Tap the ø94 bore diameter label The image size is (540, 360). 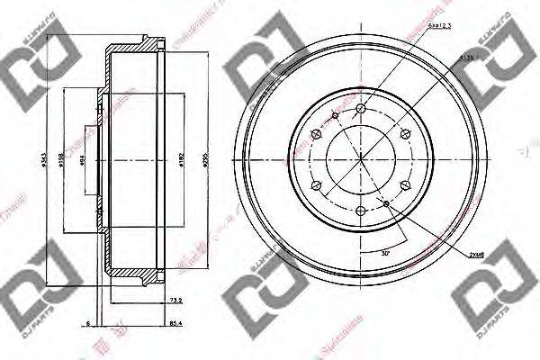84,162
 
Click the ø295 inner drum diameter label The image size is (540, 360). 206,162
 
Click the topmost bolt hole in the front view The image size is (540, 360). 360,109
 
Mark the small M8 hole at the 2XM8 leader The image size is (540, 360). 387,204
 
